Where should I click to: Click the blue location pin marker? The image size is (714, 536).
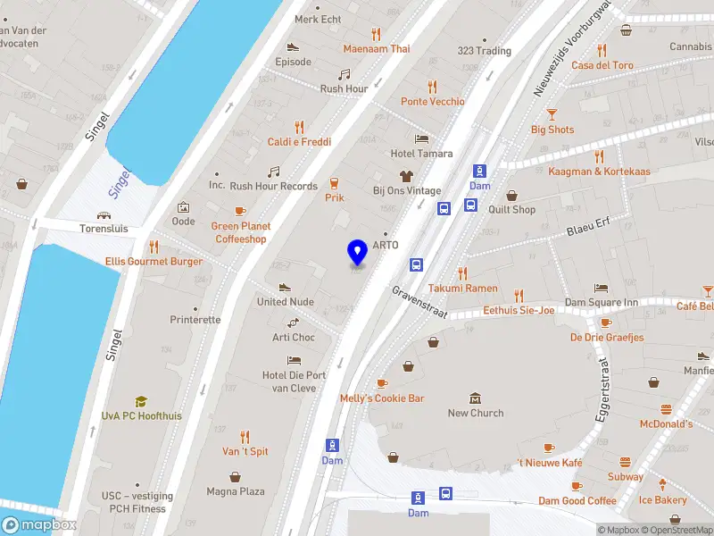(x=357, y=253)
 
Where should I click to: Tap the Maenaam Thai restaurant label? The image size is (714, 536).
(x=376, y=49)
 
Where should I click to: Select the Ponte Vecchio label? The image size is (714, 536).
(x=432, y=102)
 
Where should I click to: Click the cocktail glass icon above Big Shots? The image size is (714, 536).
(x=552, y=113)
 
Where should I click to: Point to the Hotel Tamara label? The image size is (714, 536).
(x=422, y=154)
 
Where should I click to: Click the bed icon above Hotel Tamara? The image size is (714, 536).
(x=422, y=139)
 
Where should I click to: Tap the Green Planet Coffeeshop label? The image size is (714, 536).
(x=241, y=232)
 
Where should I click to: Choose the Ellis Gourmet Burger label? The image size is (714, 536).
(x=154, y=262)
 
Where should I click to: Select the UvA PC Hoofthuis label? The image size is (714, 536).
(x=140, y=415)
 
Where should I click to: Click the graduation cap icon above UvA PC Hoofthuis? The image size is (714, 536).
(x=140, y=401)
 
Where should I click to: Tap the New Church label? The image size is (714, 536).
(x=475, y=413)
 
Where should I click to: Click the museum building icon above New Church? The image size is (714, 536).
(x=475, y=398)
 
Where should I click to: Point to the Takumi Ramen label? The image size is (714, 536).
(x=462, y=289)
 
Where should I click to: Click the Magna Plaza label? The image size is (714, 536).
(x=236, y=491)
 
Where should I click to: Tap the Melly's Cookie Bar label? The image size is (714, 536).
(x=382, y=398)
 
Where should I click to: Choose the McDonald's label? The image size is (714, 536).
(x=666, y=423)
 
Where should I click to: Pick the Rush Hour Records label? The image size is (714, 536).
(x=273, y=186)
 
